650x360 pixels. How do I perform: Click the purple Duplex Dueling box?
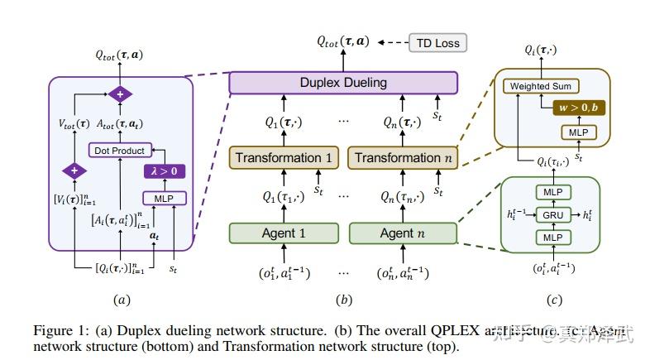coord(342,83)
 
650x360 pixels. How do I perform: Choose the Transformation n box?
coord(402,158)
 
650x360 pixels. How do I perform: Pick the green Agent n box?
coord(402,233)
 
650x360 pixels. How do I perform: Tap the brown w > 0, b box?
coord(581,108)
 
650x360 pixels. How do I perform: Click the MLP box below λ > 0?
coord(165,198)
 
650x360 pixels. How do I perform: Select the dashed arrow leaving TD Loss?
coord(392,42)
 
